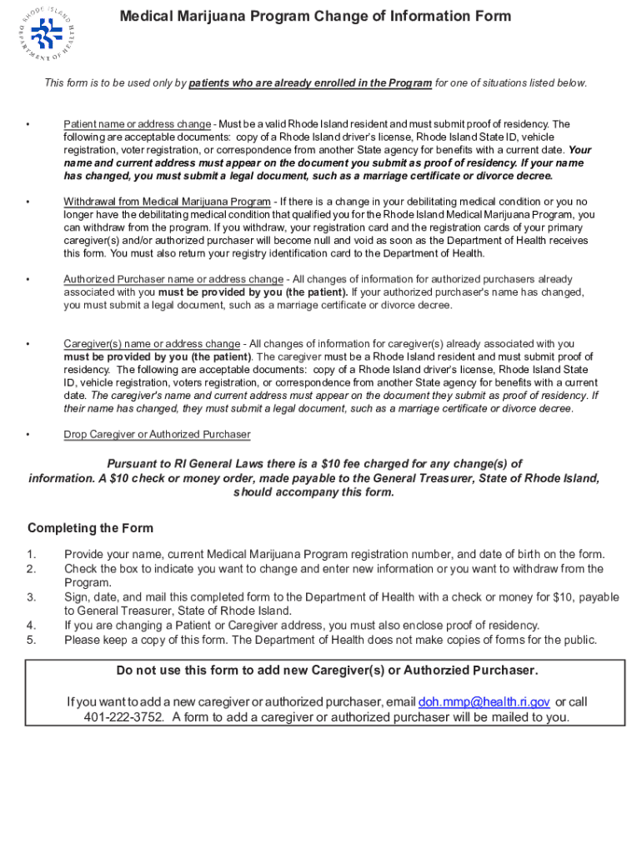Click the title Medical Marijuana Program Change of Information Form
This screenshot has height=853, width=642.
click(x=315, y=17)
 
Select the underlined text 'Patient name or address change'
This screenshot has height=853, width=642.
click(x=138, y=124)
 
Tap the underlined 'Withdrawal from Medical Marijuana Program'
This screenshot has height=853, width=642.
click(x=168, y=202)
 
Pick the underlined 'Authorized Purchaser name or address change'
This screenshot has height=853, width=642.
click(x=173, y=279)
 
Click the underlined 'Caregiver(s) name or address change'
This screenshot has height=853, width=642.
click(x=152, y=343)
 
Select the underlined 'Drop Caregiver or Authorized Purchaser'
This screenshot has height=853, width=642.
click(x=157, y=434)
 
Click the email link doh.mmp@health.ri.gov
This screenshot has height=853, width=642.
click(x=484, y=702)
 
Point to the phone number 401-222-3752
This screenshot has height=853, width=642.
click(x=123, y=717)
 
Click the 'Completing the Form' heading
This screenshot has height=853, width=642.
click(x=90, y=528)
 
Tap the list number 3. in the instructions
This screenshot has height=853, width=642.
click(x=32, y=597)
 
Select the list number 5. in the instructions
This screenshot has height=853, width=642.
click(x=32, y=640)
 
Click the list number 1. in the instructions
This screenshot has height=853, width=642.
click(x=32, y=555)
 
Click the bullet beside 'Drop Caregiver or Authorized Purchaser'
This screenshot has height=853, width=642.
click(x=28, y=435)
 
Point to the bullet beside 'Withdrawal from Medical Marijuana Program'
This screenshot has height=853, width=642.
click(x=28, y=202)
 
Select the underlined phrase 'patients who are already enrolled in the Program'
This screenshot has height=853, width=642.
click(x=310, y=82)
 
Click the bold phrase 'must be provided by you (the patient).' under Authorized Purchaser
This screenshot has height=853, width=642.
click(x=253, y=292)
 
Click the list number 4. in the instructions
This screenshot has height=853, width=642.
click(x=32, y=626)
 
